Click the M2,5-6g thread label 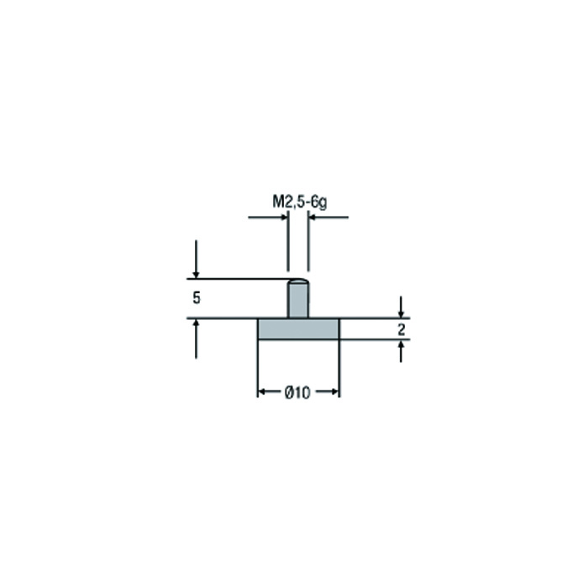coord(300,202)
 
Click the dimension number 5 coord(197,298)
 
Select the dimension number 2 coord(402,329)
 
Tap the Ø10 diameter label coord(297,392)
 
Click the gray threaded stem coord(298,300)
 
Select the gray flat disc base coord(298,329)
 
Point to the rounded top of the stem coord(298,281)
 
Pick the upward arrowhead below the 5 coord(196,323)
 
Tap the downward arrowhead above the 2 coord(401,313)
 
